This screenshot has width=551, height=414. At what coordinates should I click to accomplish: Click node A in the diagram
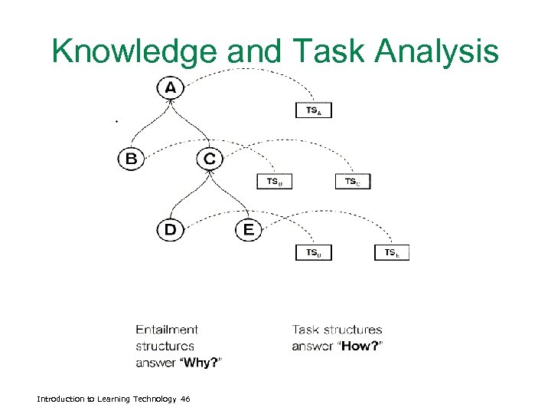(x=170, y=89)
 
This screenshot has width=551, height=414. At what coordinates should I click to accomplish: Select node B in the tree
(x=132, y=159)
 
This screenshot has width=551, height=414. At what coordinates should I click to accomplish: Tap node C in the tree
(x=210, y=159)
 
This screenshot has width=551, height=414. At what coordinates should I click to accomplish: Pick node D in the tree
(x=170, y=229)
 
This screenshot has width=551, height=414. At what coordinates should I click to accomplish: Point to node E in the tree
(x=248, y=229)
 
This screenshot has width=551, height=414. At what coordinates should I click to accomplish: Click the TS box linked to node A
(x=314, y=111)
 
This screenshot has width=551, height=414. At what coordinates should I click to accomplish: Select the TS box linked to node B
(x=275, y=182)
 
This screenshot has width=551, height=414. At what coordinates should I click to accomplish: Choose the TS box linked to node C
(x=353, y=182)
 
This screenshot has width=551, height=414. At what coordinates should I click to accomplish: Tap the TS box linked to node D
(x=314, y=252)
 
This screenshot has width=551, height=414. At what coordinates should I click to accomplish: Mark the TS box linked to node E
(x=392, y=252)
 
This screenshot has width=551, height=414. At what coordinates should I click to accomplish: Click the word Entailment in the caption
(x=167, y=330)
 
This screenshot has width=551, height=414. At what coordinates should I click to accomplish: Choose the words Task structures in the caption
(x=337, y=330)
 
